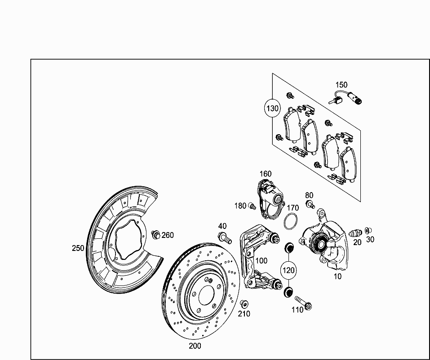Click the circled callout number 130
272,108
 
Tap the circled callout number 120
288,270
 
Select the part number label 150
341,85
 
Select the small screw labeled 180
252,206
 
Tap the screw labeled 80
310,205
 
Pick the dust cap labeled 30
369,231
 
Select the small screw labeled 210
244,304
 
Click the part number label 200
195,346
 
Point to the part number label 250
78,248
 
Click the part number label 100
261,261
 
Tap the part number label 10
337,277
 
